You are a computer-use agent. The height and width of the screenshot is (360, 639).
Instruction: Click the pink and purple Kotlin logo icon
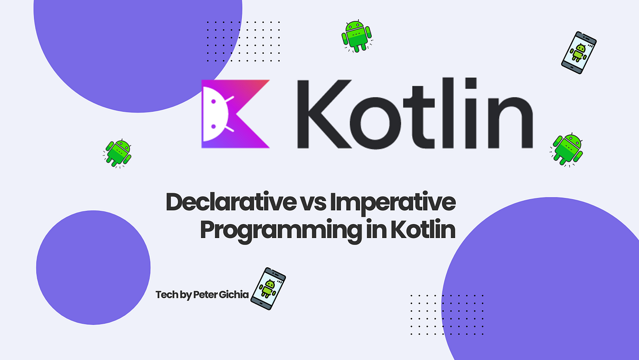(235, 114)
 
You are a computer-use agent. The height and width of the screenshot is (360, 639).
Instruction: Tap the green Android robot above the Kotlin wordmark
(356, 36)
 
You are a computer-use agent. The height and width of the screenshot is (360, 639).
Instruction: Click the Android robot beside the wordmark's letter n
(567, 149)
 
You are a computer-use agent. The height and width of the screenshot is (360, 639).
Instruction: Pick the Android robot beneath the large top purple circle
(118, 153)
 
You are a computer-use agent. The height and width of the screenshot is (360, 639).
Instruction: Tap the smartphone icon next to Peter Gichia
(268, 290)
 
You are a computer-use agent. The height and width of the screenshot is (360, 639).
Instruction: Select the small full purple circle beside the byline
(93, 267)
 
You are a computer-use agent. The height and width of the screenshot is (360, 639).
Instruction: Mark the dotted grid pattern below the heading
(447, 312)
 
